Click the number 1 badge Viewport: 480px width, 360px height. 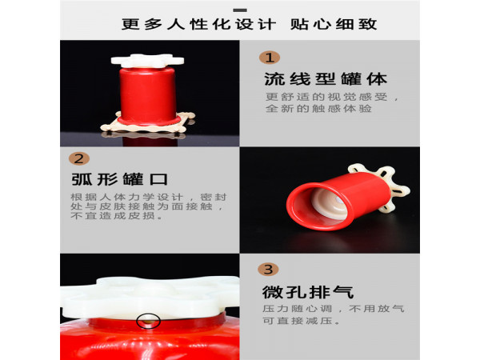[270, 58]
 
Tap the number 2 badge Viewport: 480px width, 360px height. [79, 158]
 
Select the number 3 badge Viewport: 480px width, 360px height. [268, 270]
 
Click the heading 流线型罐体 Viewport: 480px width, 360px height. [326, 79]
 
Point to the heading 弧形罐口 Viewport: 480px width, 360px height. [119, 179]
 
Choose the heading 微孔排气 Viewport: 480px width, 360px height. [308, 292]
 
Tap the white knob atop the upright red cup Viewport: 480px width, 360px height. [147, 60]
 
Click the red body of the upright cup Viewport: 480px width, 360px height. [148, 95]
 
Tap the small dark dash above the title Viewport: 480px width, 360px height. [240, 10]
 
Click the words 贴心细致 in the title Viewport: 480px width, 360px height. [334, 24]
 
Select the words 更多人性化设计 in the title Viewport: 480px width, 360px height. [198, 24]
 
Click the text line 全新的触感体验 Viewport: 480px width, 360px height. [318, 108]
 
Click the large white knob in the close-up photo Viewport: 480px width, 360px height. [150, 298]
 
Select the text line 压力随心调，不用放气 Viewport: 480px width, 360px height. [334, 308]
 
